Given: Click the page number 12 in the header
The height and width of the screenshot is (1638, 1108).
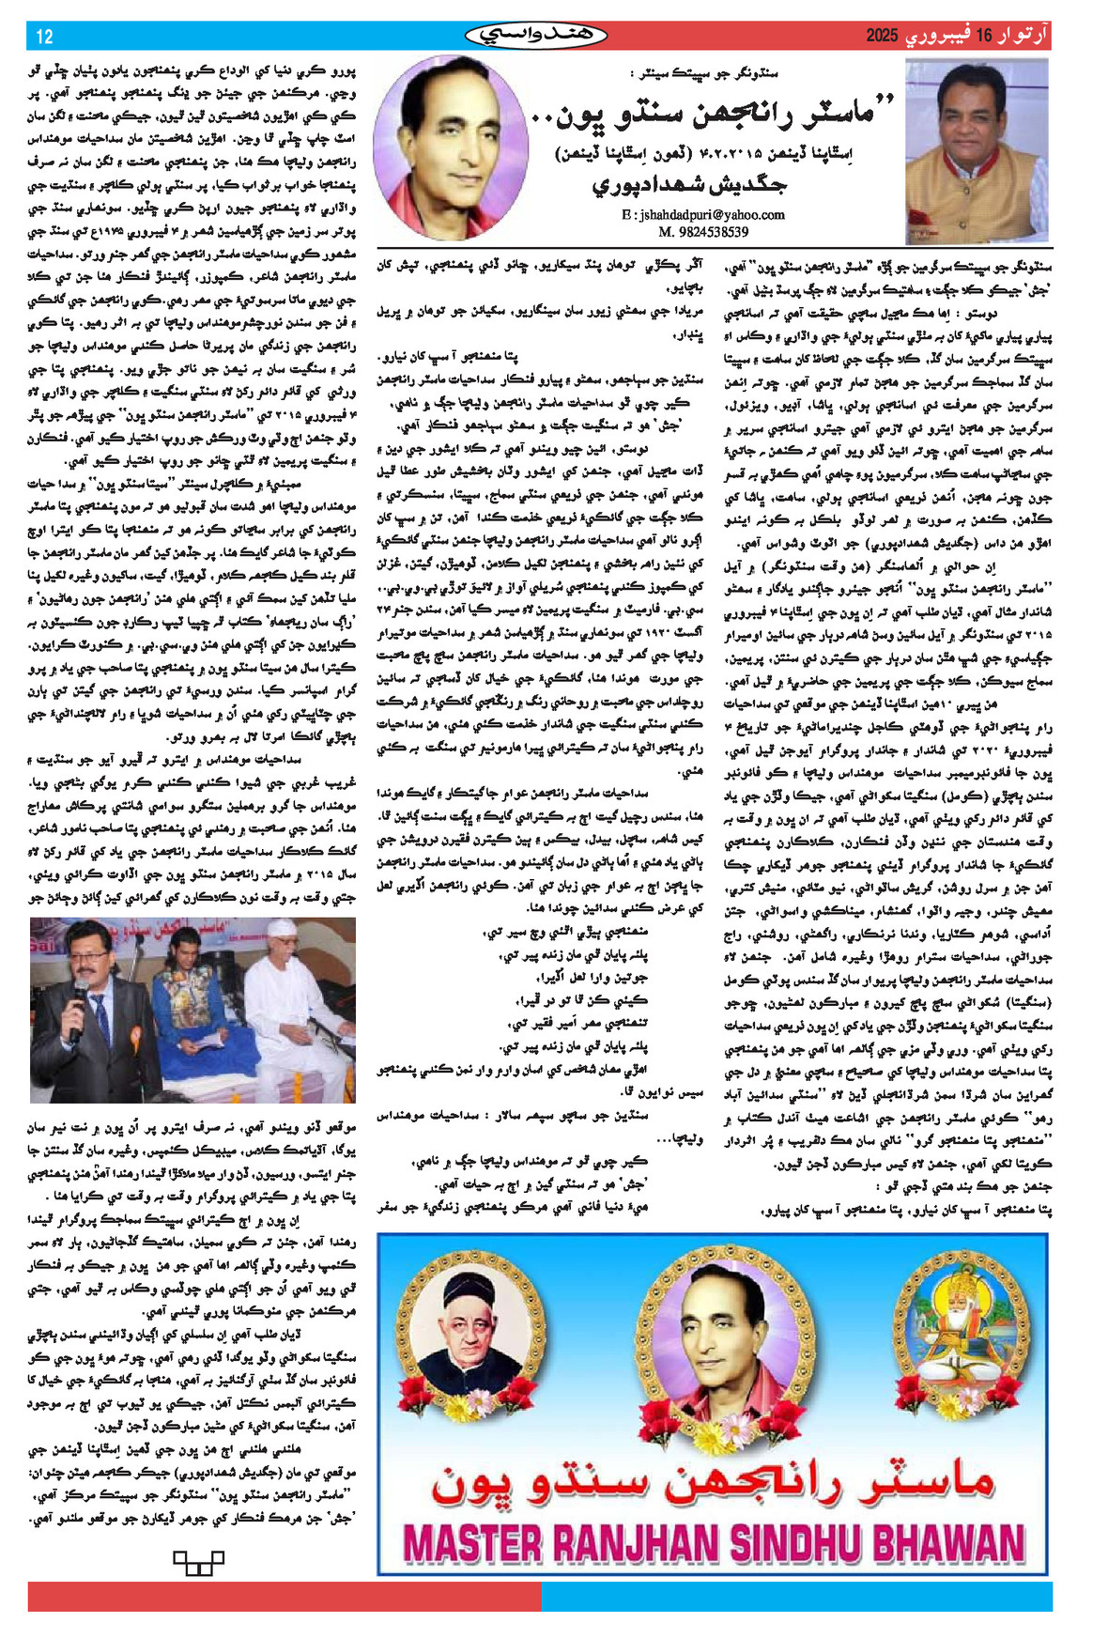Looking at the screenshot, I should click(x=44, y=37).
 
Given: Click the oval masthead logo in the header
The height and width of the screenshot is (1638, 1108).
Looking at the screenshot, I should click(x=536, y=37).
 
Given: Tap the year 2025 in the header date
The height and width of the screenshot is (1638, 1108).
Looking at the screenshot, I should click(x=882, y=37).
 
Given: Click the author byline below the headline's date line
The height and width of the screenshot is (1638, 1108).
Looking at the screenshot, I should click(x=690, y=184).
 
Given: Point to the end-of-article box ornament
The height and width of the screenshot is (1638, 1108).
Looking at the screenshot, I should click(x=198, y=1563).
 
